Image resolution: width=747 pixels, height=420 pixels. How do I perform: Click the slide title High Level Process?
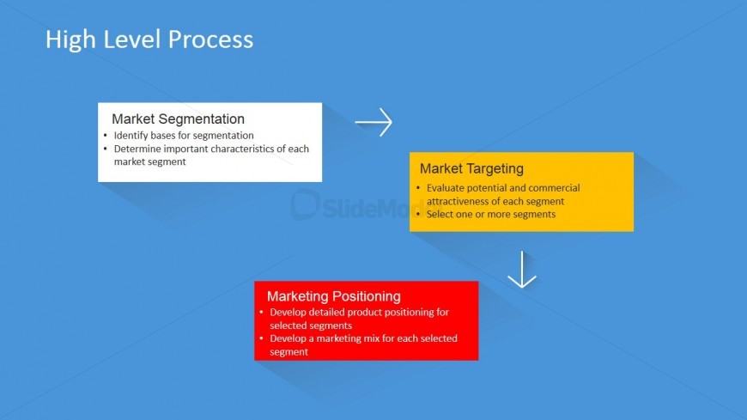(x=149, y=40)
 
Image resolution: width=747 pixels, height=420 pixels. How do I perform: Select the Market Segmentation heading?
(x=178, y=119)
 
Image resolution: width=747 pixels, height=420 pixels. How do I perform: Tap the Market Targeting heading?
(x=471, y=169)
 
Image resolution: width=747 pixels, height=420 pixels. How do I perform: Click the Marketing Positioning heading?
(x=333, y=296)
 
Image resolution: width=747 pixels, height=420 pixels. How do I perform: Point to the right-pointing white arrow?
(x=373, y=123)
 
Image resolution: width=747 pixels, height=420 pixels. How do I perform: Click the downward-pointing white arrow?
(x=521, y=270)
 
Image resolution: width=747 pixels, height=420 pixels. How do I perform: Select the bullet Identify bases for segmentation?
(x=184, y=136)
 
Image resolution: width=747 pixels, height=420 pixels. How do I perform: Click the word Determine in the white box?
(x=139, y=149)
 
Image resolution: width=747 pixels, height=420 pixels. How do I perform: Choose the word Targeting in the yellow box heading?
(x=495, y=169)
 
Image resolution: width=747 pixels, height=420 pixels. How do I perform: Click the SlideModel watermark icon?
(x=305, y=204)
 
